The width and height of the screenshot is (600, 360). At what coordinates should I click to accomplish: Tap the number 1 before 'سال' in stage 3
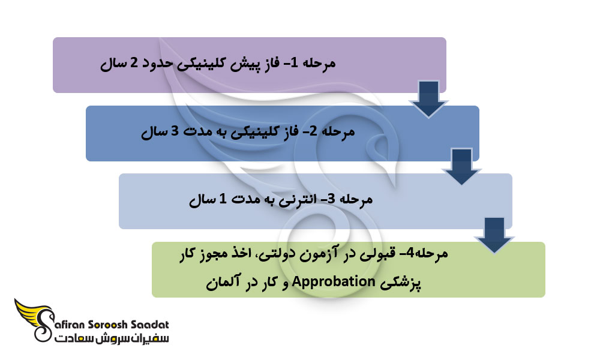click(223, 200)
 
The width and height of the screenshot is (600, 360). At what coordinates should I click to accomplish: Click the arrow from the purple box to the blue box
click(428, 98)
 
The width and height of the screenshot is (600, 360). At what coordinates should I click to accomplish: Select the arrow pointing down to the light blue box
click(461, 167)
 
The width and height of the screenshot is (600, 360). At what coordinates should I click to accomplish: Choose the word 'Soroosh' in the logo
click(112, 326)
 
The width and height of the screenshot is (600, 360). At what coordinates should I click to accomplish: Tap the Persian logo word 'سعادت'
click(151, 340)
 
